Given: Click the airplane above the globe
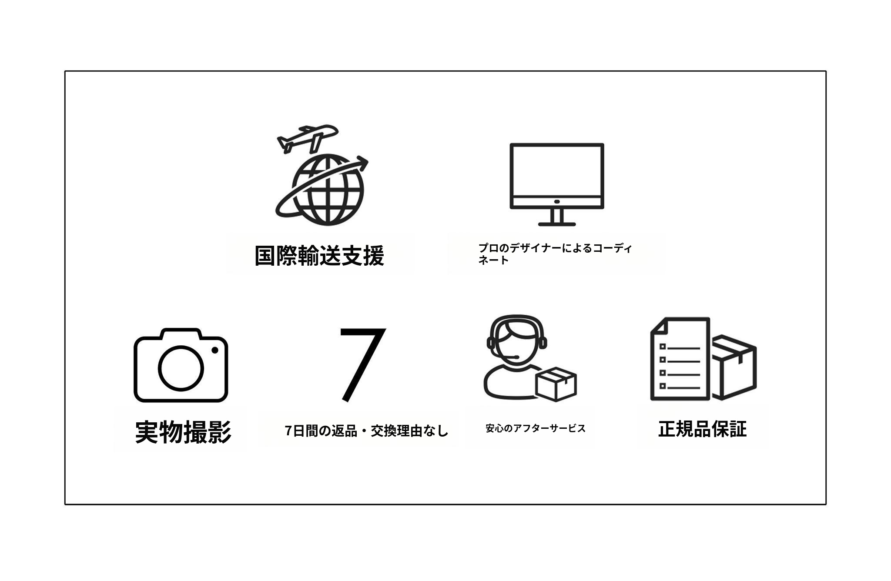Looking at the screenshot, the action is tap(307, 139).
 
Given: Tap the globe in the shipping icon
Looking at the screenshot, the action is tap(328, 190).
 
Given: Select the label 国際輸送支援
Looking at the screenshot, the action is tap(319, 255).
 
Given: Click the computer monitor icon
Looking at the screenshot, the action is tap(557, 184).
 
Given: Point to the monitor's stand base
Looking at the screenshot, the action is tap(557, 224).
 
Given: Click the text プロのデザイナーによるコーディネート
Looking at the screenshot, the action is tap(555, 254).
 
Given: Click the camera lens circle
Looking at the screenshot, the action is tap(181, 368).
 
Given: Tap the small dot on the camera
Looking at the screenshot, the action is tap(214, 350).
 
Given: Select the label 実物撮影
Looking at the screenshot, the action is tap(183, 432).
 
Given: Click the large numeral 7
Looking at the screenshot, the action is tap(363, 365).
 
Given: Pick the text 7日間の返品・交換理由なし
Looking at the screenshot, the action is tap(366, 431).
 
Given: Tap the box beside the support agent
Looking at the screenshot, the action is tap(556, 384).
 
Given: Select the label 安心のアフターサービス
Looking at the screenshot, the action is tap(536, 428).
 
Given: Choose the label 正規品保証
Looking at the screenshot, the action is tap(702, 429).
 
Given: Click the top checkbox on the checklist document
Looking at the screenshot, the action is tap(663, 347).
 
